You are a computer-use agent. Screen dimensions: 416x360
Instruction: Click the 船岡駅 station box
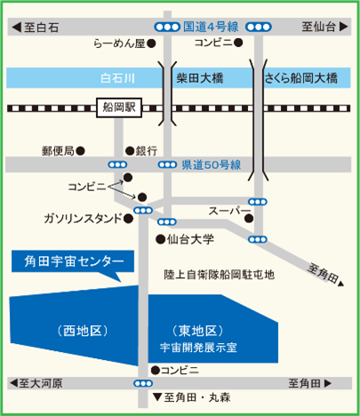118,108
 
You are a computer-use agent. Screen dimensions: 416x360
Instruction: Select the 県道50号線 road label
212,164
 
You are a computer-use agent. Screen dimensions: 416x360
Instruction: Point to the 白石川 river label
116,79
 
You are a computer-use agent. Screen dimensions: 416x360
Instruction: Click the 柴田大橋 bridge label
200,79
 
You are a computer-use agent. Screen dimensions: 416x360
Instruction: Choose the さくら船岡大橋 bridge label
302,79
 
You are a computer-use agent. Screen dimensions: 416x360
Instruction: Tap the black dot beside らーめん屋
152,42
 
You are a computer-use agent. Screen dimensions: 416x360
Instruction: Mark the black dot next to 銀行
129,150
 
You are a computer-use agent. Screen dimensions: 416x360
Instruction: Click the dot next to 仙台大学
160,238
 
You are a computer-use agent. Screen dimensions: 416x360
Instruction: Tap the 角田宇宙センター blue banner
71,262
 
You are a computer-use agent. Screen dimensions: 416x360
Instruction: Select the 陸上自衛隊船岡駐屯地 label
220,275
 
